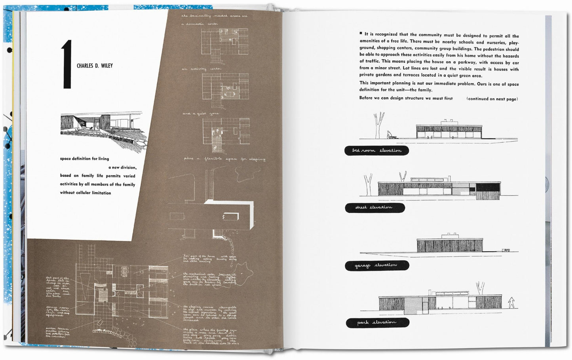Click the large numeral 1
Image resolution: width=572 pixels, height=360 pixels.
click(x=66, y=65)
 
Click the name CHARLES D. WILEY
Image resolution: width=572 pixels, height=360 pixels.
click(x=95, y=66)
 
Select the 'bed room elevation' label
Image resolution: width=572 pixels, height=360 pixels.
click(x=376, y=150)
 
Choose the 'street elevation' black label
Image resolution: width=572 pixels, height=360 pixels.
click(x=374, y=207)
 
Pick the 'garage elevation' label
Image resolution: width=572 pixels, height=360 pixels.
click(x=376, y=265)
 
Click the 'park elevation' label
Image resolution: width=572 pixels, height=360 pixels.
click(x=377, y=322)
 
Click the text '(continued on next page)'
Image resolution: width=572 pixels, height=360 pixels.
click(x=492, y=99)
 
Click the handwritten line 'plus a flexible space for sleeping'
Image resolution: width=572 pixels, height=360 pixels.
click(x=224, y=159)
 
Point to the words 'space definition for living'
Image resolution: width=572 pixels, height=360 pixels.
click(x=84, y=159)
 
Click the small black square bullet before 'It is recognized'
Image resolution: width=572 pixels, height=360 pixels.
click(x=361, y=34)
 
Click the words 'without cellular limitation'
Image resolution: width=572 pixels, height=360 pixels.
click(x=86, y=193)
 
